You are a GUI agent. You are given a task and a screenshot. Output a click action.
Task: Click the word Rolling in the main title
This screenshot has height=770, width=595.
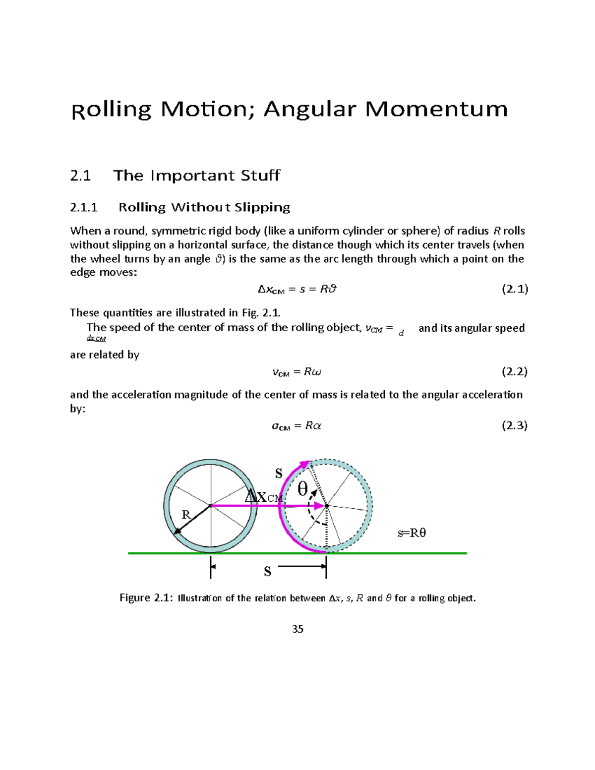pos(112,110)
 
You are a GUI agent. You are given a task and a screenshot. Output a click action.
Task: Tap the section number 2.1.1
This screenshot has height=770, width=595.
pos(84,207)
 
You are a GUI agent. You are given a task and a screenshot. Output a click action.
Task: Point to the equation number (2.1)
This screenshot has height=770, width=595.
pos(515,289)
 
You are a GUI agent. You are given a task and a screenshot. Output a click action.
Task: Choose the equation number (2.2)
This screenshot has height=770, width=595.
pos(515,372)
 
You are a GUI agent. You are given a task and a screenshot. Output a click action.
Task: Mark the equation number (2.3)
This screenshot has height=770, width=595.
pos(515,425)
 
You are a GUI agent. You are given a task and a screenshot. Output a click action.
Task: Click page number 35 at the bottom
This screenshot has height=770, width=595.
pos(297,629)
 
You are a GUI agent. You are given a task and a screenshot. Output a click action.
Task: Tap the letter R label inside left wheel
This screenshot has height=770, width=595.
pos(186,515)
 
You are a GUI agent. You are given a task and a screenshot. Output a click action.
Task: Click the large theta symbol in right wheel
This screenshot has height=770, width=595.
pos(302,489)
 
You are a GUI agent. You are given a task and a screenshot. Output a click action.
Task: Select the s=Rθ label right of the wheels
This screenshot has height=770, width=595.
pos(412,533)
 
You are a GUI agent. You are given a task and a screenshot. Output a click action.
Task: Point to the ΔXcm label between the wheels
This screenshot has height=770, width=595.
pos(264,497)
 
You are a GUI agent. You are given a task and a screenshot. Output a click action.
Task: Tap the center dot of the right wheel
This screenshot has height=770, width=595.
pos(327,506)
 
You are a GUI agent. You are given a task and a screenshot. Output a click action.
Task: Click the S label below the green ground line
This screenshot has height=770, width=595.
pos(268,572)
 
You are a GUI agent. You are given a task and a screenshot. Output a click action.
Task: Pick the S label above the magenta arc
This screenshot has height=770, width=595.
pos(279,473)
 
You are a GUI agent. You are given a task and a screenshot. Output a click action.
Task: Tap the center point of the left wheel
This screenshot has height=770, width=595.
pos(211,506)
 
